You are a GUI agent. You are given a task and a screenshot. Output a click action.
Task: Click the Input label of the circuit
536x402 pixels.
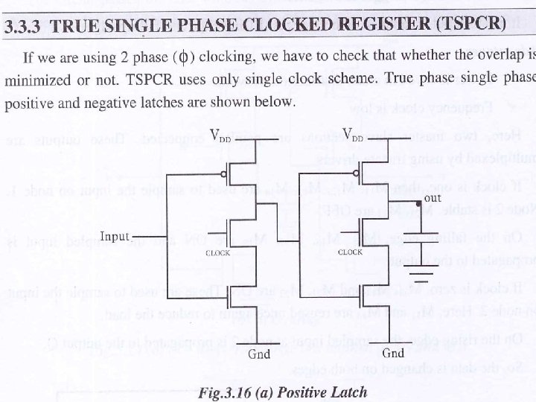tap(115, 237)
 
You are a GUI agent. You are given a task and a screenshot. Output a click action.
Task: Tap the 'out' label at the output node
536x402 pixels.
tap(433, 197)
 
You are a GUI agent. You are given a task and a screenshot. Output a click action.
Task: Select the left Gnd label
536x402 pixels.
tap(258, 354)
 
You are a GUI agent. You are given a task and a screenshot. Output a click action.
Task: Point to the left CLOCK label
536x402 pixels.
tap(218, 253)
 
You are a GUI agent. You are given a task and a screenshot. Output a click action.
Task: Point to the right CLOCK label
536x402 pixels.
tap(351, 252)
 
